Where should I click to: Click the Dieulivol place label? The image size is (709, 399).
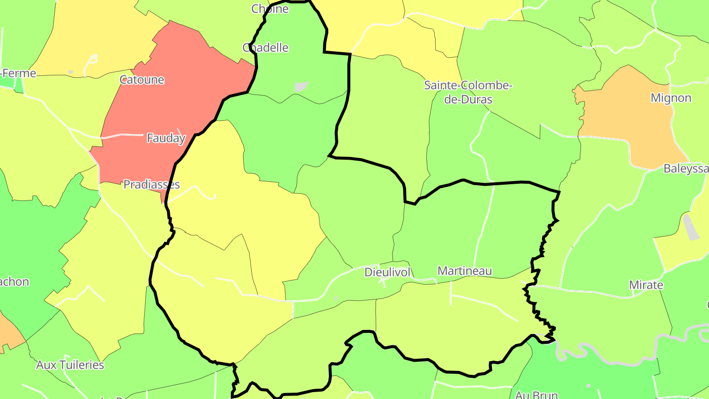point(387,272)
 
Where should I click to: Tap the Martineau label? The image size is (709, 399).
point(464,271)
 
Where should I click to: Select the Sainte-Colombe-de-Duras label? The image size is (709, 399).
point(468,92)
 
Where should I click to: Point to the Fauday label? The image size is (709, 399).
point(166,138)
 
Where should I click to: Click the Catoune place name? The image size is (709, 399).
point(142,80)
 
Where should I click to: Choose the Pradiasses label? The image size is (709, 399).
point(151,185)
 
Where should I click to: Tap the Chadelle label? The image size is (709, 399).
point(265,48)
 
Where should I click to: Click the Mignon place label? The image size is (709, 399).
point(671,98)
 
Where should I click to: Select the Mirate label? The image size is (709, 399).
point(646,285)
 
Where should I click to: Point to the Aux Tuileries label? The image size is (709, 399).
point(70,365)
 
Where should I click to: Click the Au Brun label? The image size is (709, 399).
point(536,395)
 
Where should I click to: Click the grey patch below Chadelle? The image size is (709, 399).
point(301,87)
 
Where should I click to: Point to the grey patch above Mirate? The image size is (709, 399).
point(691,227)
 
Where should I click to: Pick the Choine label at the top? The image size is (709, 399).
point(270,8)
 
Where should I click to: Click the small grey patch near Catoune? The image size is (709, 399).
point(71,72)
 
